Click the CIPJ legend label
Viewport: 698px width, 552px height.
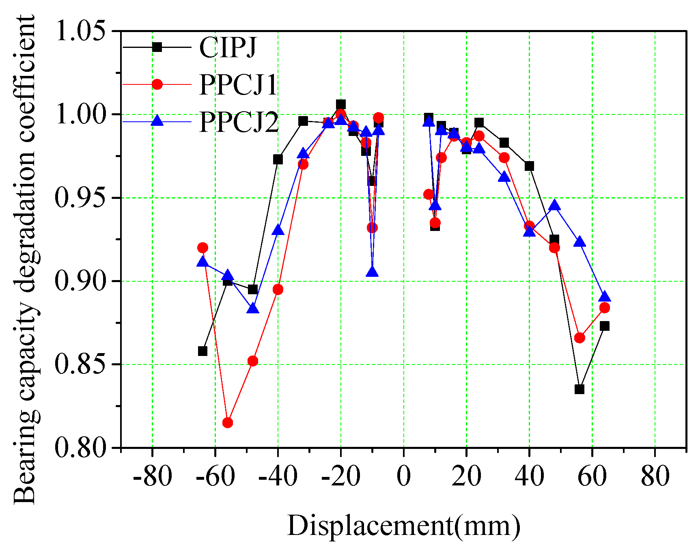click(228, 47)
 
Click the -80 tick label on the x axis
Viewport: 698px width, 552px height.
click(152, 476)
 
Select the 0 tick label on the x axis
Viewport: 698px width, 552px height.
click(403, 476)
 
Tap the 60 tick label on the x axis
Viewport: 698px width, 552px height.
click(592, 476)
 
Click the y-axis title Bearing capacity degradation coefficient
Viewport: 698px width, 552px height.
click(25, 260)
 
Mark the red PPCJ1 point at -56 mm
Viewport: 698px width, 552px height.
click(228, 423)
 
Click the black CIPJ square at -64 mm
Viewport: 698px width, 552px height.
click(203, 351)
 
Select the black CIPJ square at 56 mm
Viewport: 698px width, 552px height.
click(580, 389)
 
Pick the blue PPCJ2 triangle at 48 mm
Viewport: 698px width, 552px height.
click(554, 206)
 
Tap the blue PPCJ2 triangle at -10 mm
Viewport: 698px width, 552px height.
click(372, 272)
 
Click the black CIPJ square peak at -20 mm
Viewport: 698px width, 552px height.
click(341, 104)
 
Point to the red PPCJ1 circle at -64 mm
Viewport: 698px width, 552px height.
click(203, 248)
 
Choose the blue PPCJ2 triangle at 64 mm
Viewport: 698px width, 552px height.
click(605, 297)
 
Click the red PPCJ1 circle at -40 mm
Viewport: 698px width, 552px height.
click(278, 290)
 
